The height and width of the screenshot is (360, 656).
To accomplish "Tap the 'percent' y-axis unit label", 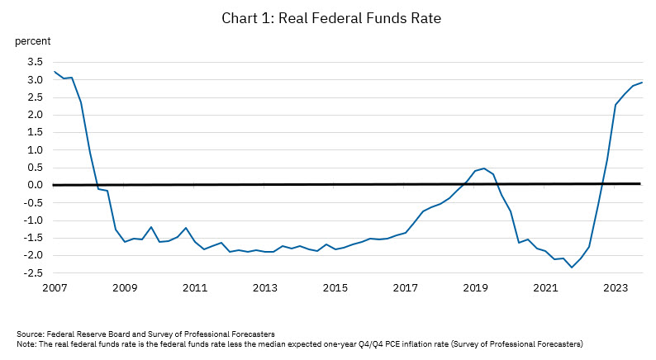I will tap(34, 40).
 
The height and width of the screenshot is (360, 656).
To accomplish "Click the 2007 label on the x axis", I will tap(55, 288).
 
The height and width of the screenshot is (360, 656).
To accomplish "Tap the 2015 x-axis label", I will tap(335, 288).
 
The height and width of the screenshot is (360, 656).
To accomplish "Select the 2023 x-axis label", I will tap(615, 288).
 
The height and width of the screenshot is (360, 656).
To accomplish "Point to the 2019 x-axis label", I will tap(474, 288).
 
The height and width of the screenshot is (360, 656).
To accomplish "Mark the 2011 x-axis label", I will tap(194, 288).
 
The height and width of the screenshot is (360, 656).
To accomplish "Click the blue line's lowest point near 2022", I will tap(571, 268).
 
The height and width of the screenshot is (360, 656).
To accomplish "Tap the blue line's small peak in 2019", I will tap(484, 168).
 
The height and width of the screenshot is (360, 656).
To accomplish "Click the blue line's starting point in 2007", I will tap(55, 71).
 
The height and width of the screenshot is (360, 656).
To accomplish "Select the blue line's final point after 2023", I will tap(642, 82).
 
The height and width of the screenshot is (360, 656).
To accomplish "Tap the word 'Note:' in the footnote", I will tap(27, 343).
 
